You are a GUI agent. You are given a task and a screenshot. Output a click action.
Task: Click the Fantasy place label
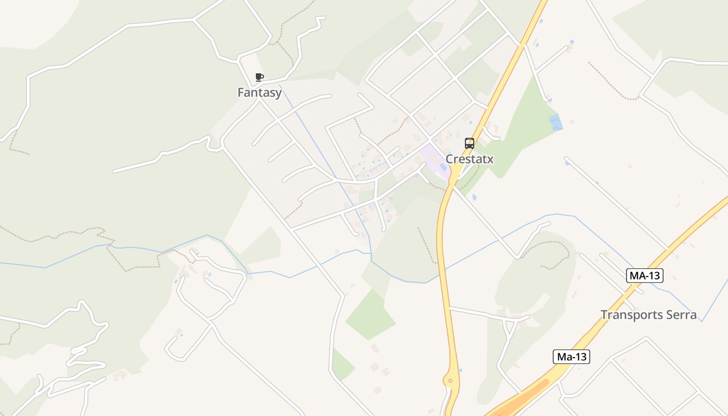[259, 93]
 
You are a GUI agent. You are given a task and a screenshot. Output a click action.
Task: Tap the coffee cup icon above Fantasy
[259, 77]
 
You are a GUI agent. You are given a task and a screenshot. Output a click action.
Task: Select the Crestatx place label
[470, 159]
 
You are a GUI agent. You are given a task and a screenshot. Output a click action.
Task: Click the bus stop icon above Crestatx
[470, 144]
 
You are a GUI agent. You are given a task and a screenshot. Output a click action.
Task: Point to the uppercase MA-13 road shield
[645, 276]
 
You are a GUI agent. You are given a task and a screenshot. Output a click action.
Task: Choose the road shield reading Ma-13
[571, 357]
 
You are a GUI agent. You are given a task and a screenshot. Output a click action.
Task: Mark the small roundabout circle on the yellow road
[450, 381]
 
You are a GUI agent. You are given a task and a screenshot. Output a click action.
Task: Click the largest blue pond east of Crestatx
[556, 122]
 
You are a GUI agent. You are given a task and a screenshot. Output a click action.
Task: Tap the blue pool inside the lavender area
[443, 166]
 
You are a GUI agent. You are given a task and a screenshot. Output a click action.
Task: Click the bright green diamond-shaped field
[370, 315]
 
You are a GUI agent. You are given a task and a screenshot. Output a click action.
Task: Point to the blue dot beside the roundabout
[461, 371]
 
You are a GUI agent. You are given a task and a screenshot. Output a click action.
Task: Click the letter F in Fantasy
[241, 93]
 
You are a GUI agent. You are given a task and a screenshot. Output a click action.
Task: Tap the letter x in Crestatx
[490, 159]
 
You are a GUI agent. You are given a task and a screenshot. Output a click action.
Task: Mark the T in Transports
[604, 315]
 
